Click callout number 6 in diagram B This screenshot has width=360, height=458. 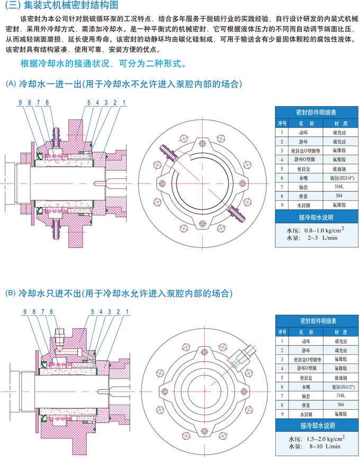[x=51, y=312]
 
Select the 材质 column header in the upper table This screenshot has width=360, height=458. [x=334, y=123]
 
